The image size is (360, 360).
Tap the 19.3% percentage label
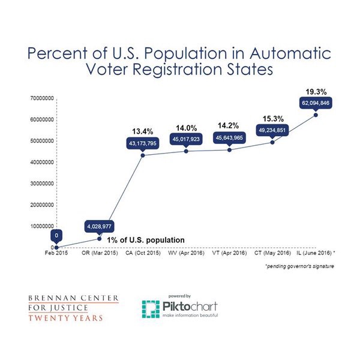coord(316,92)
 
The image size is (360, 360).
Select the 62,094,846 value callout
coord(316,104)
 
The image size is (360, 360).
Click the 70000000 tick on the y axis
coord(41,97)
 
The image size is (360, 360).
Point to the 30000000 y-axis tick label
coord(41,183)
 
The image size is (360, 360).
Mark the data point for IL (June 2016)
coord(316,115)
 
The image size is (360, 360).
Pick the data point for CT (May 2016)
coord(273,142)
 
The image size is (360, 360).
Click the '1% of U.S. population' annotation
coord(146,240)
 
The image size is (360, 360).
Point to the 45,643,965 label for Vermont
coord(230,137)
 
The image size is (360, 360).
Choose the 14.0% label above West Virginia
coord(186,127)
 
